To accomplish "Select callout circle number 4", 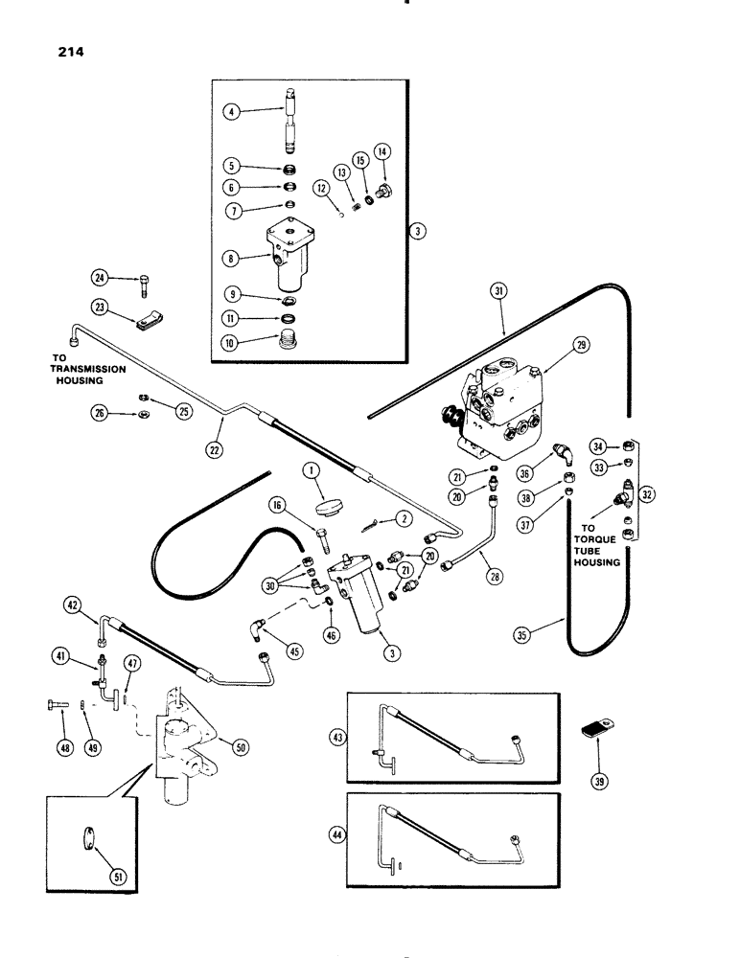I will click(230, 112).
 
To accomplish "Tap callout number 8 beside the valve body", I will click(230, 257).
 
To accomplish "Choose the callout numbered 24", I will click(98, 279).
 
